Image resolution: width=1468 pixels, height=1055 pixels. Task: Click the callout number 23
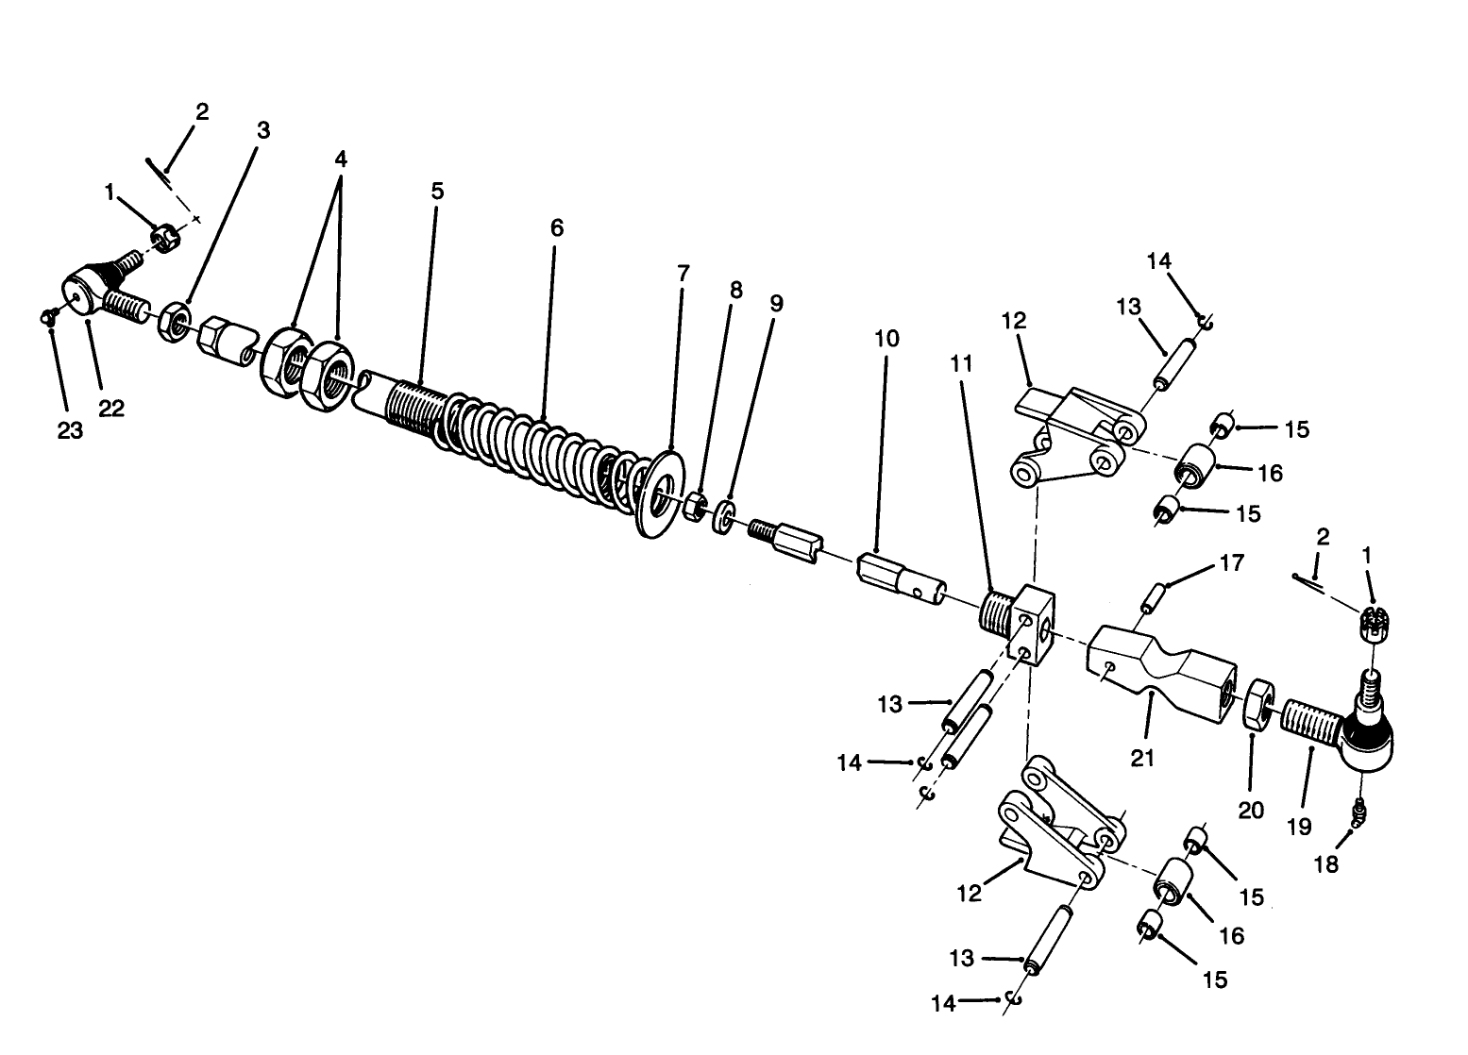click(70, 430)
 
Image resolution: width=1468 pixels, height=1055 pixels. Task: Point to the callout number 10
click(886, 338)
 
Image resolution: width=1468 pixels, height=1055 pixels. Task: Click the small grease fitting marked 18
click(1356, 812)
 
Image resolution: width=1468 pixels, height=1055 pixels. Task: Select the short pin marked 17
click(1154, 598)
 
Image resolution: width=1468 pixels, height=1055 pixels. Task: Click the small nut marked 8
click(696, 507)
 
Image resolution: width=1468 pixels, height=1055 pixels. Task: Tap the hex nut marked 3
click(175, 322)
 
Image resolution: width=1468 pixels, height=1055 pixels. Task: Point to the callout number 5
click(436, 190)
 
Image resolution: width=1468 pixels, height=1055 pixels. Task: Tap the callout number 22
click(111, 409)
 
